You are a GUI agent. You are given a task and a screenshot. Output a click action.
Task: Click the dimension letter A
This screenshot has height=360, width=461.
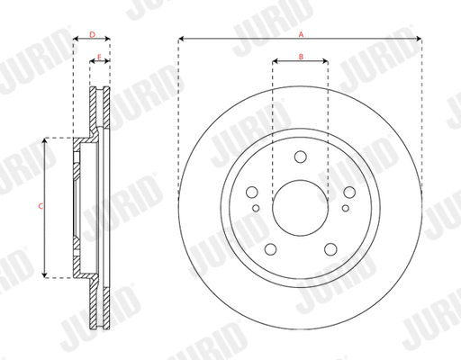point(301,32)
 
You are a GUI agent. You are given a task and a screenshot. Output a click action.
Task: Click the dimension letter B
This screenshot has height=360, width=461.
point(301,57)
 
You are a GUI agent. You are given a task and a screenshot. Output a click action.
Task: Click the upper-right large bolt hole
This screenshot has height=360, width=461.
point(347,191)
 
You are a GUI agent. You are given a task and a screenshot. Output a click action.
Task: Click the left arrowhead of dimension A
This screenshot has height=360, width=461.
point(182,39)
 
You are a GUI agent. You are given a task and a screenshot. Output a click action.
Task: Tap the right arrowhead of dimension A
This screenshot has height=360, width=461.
point(420,39)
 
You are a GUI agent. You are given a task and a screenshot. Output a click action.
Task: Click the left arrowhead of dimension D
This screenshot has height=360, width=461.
point(75,39)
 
